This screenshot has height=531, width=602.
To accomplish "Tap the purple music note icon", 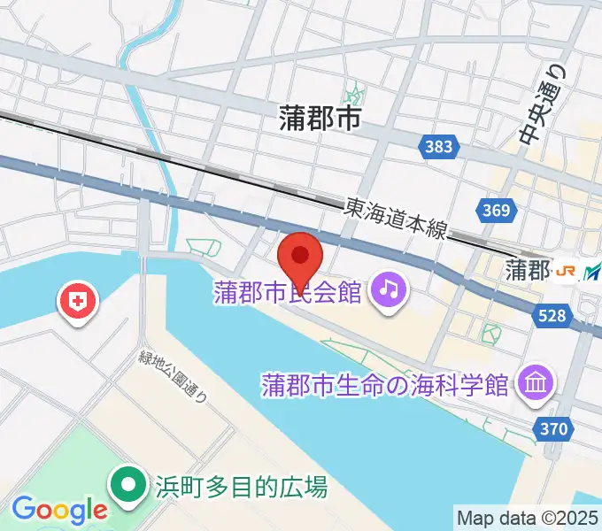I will pyautogui.click(x=388, y=289).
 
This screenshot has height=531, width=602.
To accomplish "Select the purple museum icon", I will pyautogui.click(x=537, y=383).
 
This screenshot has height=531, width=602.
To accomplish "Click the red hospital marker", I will pyautogui.click(x=78, y=303).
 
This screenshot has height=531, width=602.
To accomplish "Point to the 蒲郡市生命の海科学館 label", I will pyautogui.click(x=386, y=385).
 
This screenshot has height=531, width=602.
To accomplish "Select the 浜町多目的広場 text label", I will pyautogui.click(x=241, y=486).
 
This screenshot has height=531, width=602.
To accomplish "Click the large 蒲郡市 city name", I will pyautogui.click(x=320, y=117).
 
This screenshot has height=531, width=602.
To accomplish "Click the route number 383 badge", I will pyautogui.click(x=438, y=147).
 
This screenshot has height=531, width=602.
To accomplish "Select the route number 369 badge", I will pyautogui.click(x=496, y=210).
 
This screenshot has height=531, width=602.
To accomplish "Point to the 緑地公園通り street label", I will pyautogui.click(x=173, y=377).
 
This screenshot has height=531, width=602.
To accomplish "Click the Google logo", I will pyautogui.click(x=59, y=509).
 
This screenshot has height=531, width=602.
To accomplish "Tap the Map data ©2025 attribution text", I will pyautogui.click(x=528, y=517).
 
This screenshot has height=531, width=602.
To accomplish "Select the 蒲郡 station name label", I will pyautogui.click(x=527, y=269).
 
